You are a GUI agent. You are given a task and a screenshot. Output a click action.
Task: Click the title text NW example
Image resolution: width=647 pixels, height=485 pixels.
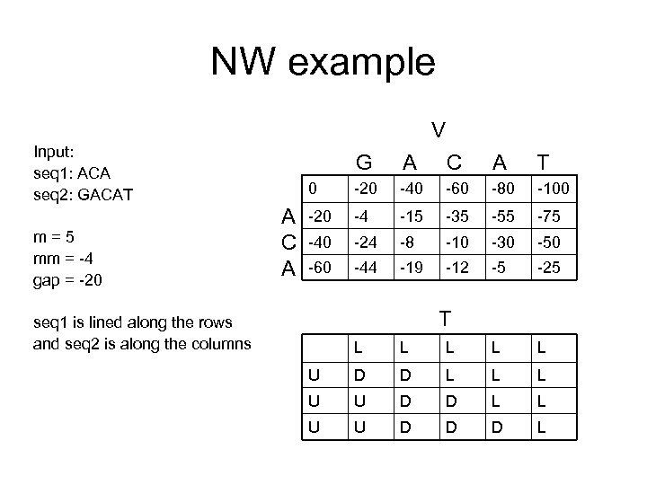[323, 62]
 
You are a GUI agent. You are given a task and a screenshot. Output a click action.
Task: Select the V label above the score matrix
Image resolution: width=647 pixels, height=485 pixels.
[438, 129]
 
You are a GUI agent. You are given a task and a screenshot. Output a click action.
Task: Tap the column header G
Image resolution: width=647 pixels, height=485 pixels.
[364, 163]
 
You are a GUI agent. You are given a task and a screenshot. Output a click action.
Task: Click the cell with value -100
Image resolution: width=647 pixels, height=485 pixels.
[553, 191]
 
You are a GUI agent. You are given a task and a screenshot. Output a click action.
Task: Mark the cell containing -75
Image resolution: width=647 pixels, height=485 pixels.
[549, 216]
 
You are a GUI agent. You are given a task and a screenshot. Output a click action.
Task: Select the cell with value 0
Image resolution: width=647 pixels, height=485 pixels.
[312, 191]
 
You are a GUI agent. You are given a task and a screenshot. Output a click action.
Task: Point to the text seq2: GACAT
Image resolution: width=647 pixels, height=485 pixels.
[82, 191]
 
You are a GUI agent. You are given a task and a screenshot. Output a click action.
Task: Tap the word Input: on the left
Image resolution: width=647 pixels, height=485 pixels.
[54, 149]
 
